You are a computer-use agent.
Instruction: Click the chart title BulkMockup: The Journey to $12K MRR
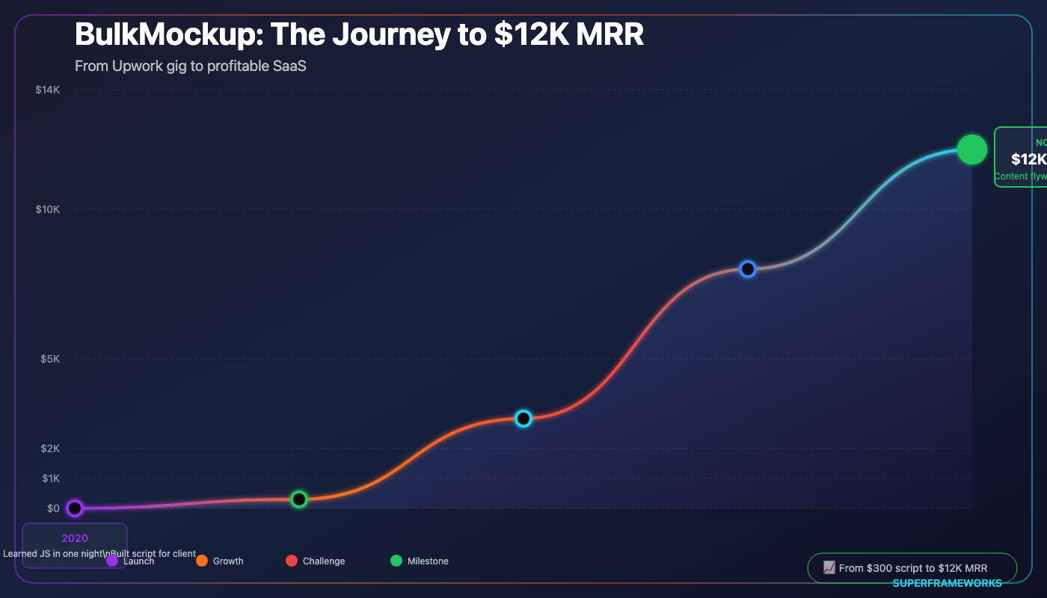pos(359,34)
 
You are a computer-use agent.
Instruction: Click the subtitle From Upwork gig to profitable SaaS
pos(191,66)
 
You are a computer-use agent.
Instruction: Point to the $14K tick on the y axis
pos(47,90)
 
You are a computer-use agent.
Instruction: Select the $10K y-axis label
pos(47,209)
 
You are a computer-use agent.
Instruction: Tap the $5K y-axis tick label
pos(49,359)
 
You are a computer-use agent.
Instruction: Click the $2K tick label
pos(49,449)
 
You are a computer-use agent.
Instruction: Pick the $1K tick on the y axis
pos(49,478)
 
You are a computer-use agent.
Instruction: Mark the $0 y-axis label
pos(53,508)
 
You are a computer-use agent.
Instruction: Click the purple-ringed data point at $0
pos(74,508)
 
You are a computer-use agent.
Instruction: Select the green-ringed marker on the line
pos(299,499)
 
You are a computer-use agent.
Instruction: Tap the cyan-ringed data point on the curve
pos(523,419)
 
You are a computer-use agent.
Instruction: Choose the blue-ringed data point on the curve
pos(747,269)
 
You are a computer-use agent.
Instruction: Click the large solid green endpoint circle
pos(972,149)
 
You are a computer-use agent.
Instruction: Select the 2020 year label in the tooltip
pos(75,538)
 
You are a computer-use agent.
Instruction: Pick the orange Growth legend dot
pos(202,561)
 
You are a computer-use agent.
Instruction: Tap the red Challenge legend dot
pos(292,561)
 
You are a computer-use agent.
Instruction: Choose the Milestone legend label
pos(428,561)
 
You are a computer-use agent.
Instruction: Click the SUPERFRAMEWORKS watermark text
pos(947,583)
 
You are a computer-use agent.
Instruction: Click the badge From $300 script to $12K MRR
pos(912,568)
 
